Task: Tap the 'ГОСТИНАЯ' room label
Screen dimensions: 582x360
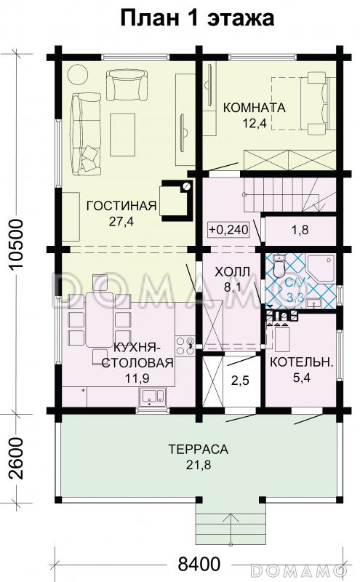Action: [121, 205]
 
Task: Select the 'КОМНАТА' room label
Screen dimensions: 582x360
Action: [254, 107]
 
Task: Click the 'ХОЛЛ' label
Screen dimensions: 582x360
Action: [233, 271]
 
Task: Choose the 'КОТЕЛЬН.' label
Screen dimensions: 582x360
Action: [302, 362]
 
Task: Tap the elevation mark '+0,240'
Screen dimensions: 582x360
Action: [228, 230]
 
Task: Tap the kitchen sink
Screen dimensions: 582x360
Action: [151, 396]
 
